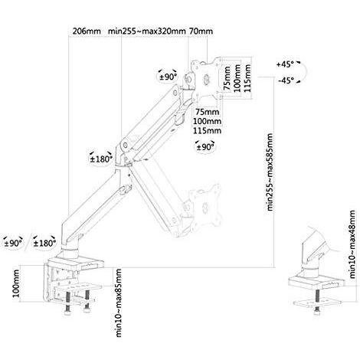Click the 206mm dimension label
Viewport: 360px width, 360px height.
pyautogui.click(x=87, y=31)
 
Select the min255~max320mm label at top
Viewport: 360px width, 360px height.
pyautogui.click(x=146, y=31)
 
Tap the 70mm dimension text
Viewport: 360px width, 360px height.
pyautogui.click(x=201, y=31)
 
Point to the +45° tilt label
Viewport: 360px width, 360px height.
pyautogui.click(x=285, y=64)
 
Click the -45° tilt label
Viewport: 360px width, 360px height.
pyautogui.click(x=286, y=80)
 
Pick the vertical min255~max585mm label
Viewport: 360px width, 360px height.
pyautogui.click(x=270, y=172)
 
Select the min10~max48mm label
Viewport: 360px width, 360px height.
pyautogui.click(x=352, y=244)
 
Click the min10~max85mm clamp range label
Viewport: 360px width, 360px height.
pyautogui.click(x=119, y=303)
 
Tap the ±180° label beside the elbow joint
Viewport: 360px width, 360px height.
pyautogui.click(x=101, y=159)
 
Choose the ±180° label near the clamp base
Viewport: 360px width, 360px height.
pyautogui.click(x=44, y=243)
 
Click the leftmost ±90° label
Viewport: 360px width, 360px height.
pyautogui.click(x=13, y=243)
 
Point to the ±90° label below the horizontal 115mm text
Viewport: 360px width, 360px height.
pyautogui.click(x=205, y=147)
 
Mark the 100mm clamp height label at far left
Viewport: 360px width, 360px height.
pyautogui.click(x=16, y=283)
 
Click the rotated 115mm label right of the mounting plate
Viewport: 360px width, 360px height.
pyautogui.click(x=247, y=78)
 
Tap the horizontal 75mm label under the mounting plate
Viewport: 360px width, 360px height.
pyautogui.click(x=208, y=112)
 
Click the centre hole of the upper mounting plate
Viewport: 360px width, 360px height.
pyautogui.click(x=207, y=79)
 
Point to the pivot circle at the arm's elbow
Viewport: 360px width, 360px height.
pyautogui.click(x=126, y=145)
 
